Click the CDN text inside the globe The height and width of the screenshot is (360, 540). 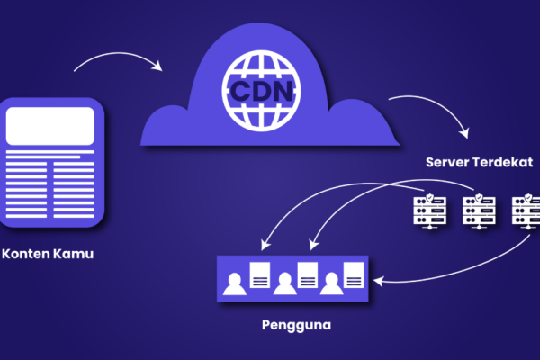260,91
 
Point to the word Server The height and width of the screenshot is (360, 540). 451,165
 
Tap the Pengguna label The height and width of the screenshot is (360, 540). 297,322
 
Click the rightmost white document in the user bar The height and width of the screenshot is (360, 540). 353,274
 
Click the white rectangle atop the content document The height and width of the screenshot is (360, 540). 52,125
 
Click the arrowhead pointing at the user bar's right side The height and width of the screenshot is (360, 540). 377,281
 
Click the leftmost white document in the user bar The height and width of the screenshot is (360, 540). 259,274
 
